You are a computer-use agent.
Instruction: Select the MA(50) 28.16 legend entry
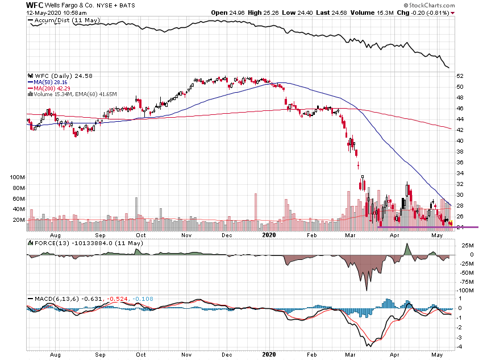51,82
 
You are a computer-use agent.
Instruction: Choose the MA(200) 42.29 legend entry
52,88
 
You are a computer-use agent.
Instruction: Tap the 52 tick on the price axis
460,76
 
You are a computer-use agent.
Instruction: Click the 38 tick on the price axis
460,151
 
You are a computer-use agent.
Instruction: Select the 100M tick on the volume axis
18,177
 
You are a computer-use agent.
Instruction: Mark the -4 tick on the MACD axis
459,346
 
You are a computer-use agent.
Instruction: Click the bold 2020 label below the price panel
269,234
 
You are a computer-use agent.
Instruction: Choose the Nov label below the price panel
186,234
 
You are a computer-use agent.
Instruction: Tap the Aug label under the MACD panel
56,353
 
